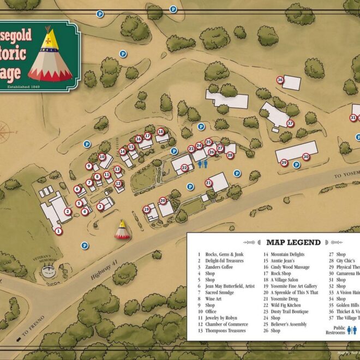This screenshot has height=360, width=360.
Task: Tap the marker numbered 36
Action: (280, 80)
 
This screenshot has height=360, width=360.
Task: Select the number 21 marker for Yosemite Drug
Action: (209, 183)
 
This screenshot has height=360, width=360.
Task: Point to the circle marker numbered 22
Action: (185, 167)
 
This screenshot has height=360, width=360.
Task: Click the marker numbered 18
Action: (160, 131)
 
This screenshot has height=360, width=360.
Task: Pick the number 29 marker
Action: (284, 163)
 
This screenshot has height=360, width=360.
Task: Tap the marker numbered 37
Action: (290, 123)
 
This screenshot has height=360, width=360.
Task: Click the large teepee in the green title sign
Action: (50, 54)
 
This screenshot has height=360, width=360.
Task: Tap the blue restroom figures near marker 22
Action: (203, 166)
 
